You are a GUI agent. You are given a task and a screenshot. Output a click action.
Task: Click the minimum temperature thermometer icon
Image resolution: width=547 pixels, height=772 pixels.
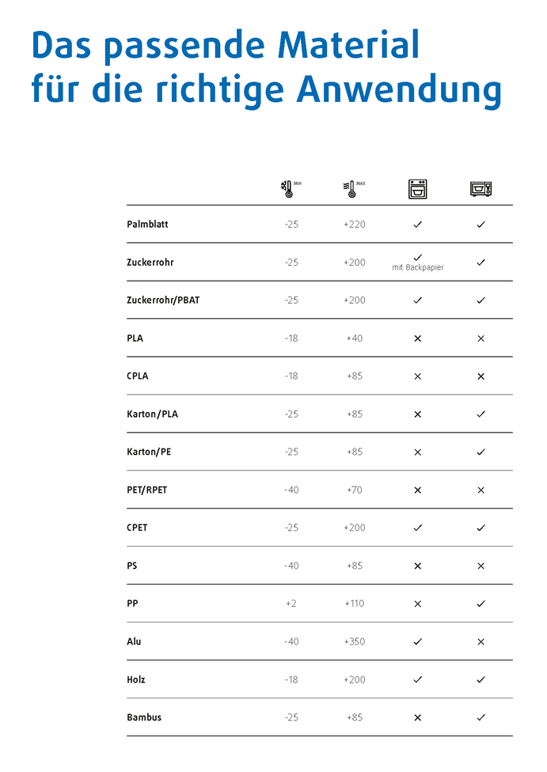point(287,188)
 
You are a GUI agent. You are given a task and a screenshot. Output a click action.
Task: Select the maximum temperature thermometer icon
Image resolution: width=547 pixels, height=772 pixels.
point(351,188)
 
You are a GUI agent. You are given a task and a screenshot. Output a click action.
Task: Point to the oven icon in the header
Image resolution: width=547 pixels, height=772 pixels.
point(417,188)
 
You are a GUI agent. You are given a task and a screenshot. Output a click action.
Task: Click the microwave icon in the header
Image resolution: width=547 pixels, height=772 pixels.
point(481,188)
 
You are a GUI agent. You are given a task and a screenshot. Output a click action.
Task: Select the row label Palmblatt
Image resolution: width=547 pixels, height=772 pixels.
point(147,225)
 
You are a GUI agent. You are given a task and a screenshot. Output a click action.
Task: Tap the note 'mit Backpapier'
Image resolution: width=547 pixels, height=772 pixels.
point(418,268)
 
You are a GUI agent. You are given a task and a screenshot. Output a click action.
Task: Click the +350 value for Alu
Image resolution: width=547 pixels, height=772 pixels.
point(355,641)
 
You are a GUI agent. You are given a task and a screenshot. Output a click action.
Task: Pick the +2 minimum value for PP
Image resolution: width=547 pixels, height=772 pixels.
point(291,604)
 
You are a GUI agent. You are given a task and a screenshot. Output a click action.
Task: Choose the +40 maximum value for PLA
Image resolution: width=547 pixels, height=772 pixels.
point(355,339)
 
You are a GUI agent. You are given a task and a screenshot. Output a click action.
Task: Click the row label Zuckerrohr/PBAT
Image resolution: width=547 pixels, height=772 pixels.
point(163,301)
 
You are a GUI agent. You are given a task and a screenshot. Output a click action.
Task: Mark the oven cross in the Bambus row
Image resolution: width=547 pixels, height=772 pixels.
point(418,717)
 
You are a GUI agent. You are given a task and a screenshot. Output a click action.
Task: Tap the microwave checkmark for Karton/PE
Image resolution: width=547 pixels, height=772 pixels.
point(481,452)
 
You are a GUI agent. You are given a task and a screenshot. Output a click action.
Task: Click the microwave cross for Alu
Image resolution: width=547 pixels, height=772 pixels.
point(481,641)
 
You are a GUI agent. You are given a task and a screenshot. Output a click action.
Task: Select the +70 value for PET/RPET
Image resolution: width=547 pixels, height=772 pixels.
point(355,490)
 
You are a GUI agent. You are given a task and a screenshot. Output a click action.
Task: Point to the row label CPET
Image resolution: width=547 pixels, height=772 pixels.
point(137,528)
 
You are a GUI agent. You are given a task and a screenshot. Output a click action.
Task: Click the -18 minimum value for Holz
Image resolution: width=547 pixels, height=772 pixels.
point(291,679)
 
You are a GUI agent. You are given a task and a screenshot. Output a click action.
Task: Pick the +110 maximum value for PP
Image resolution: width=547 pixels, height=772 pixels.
point(355,604)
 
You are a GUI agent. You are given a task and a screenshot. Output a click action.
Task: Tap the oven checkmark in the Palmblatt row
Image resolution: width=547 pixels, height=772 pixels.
point(418,225)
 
